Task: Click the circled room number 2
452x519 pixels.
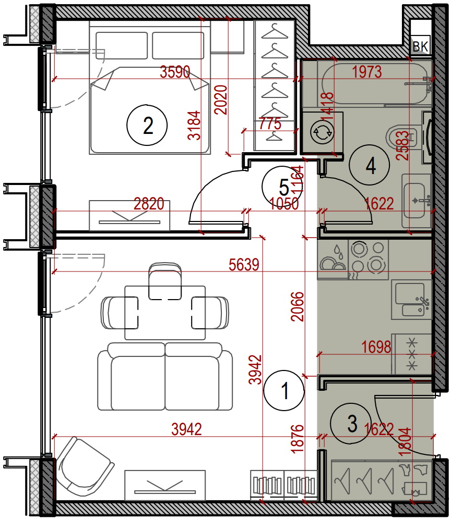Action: pyautogui.click(x=147, y=125)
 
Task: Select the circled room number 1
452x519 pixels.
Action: pyautogui.click(x=284, y=391)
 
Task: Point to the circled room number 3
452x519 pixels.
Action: pyautogui.click(x=351, y=423)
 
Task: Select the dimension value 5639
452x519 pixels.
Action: pyautogui.click(x=244, y=265)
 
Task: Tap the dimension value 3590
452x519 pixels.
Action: pyautogui.click(x=175, y=71)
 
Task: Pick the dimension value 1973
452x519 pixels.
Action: pyautogui.click(x=367, y=72)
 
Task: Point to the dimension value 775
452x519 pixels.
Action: pyautogui.click(x=270, y=124)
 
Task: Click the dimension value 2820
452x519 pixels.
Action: pyautogui.click(x=149, y=204)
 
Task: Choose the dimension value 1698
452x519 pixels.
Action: pyautogui.click(x=376, y=347)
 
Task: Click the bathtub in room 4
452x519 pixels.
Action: pyautogui.click(x=375, y=83)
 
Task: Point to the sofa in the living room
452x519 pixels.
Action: pyautogui.click(x=165, y=376)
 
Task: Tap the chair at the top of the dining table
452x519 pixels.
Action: pyautogui.click(x=165, y=281)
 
